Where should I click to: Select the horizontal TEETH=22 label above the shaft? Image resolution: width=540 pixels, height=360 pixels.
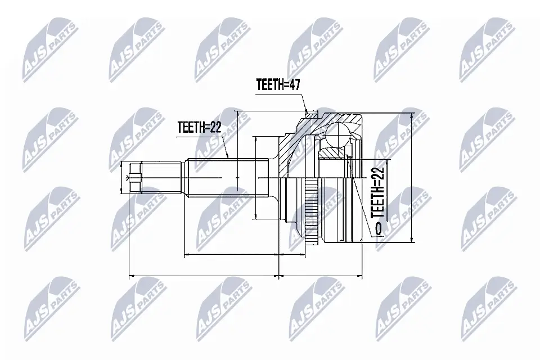[198, 127]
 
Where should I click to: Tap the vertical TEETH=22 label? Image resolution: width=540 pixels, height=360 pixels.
[378, 191]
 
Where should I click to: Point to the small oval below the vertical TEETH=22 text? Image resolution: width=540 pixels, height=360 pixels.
[377, 227]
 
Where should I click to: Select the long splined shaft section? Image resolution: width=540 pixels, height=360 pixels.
[227, 177]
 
